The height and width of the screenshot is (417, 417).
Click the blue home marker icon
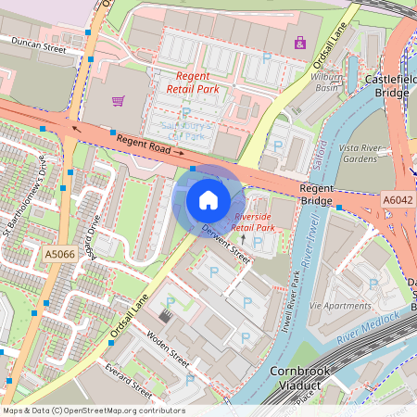(x=208, y=199)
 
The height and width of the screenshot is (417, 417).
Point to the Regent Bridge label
(x=316, y=195)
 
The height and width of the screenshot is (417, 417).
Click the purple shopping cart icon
(x=118, y=100)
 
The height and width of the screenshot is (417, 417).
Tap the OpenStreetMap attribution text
(x=93, y=411)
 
